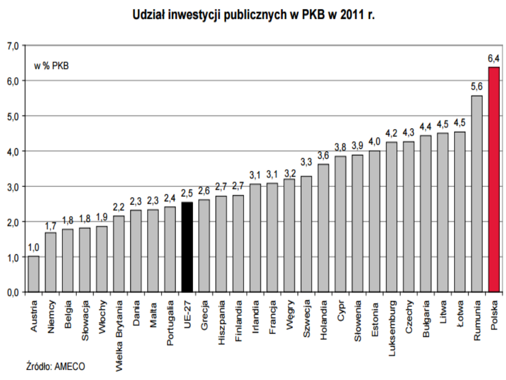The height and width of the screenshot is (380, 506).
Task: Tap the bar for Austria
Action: point(34,274)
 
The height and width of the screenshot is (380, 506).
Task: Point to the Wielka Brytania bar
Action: point(119,254)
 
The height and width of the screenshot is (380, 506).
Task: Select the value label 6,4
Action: point(494,59)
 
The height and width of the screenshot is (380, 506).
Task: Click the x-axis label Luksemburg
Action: point(392,324)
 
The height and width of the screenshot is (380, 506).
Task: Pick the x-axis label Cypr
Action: point(341,310)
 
